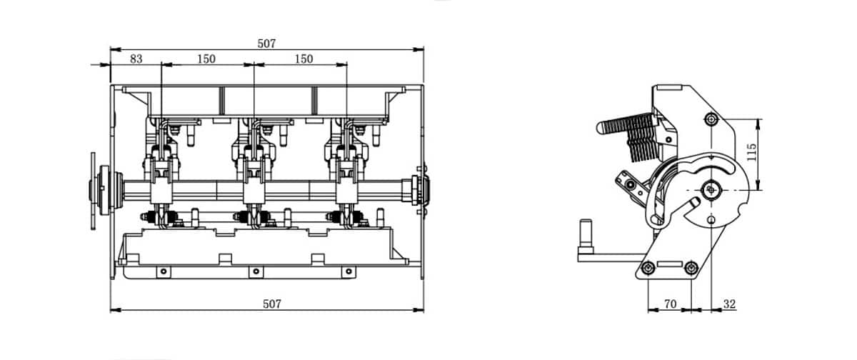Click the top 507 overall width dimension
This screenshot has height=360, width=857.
[x=266, y=43]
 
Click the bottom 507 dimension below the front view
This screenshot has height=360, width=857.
[x=271, y=304]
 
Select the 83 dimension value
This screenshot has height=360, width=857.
[x=136, y=59]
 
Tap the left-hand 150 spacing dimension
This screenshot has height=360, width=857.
[x=206, y=59]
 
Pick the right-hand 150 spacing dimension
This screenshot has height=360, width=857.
[x=304, y=59]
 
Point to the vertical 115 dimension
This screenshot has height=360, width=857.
[x=751, y=152]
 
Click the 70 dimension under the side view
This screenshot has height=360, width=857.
[x=670, y=304]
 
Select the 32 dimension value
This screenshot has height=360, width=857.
[x=729, y=304]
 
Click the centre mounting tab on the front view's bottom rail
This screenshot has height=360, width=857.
[x=254, y=271]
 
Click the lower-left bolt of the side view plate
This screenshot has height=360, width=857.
[x=648, y=268]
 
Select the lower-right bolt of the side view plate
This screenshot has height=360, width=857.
[x=691, y=268]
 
